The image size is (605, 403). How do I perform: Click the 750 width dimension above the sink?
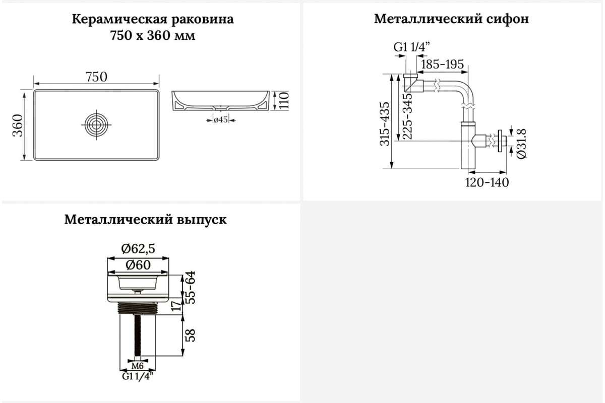(x=96, y=77)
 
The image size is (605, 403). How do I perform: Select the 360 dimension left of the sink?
(x=18, y=125)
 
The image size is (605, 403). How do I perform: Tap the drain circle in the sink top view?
(x=96, y=125)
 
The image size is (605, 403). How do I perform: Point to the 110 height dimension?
(x=283, y=101)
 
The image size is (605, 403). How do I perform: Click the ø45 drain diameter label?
(x=221, y=119)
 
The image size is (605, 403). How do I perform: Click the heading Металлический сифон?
(x=451, y=19)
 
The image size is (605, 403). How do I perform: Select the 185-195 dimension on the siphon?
(x=442, y=64)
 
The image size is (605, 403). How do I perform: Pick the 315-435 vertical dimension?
(x=385, y=124)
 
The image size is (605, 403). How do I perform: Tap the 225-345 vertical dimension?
(x=407, y=116)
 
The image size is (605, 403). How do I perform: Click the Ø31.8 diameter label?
(x=521, y=144)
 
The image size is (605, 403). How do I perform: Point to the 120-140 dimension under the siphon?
(x=487, y=182)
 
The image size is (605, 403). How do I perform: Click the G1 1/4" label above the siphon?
(x=411, y=47)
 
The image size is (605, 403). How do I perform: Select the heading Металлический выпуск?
(x=145, y=220)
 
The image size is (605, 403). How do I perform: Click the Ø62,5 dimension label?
(x=138, y=249)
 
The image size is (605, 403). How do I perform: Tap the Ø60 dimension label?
(x=138, y=265)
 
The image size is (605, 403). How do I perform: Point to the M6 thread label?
(x=138, y=366)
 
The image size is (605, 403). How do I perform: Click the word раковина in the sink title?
(x=202, y=20)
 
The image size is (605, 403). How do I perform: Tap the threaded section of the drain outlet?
(x=138, y=308)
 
